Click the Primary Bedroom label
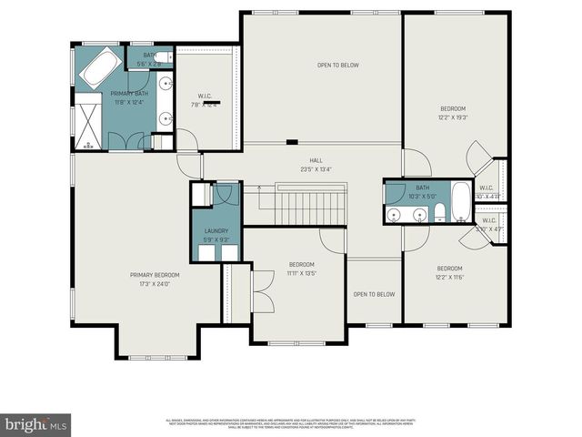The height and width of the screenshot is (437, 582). coord(155,275)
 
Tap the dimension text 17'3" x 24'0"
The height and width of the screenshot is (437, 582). coord(155,284)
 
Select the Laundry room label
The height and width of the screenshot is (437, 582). coord(216,231)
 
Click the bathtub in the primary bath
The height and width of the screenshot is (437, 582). coord(99,66)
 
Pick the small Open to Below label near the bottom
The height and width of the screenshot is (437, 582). coord(374,294)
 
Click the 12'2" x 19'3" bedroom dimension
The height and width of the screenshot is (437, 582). coord(452,117)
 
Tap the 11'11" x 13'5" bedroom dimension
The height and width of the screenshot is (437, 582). coord(301,272)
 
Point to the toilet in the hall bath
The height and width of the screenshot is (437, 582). coord(439,213)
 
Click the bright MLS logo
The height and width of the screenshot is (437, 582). coord(36,424)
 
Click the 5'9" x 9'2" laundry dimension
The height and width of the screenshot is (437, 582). coord(216,239)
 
